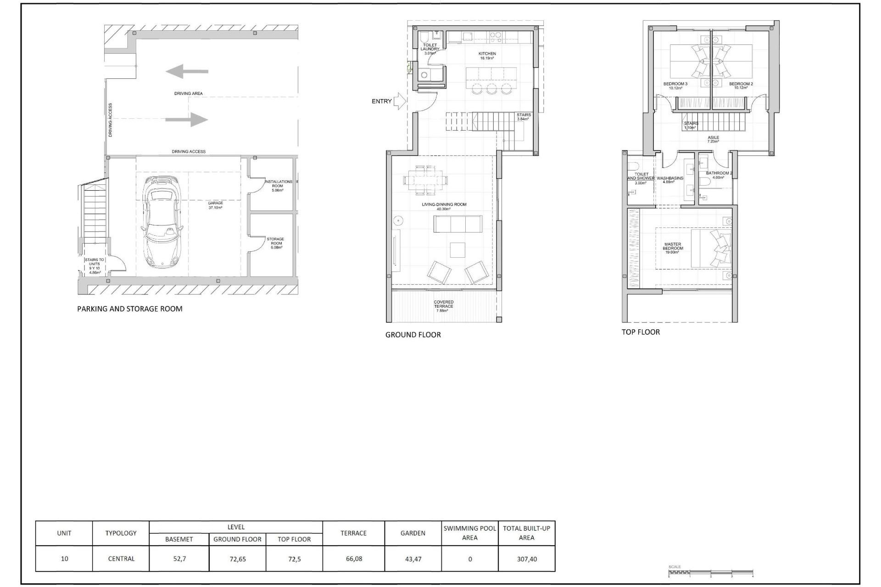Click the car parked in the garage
[x=162, y=222]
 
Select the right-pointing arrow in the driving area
[x=186, y=120]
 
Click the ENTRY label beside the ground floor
[x=381, y=101]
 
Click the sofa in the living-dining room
[x=458, y=224]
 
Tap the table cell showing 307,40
[x=526, y=559]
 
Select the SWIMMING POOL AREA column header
[x=469, y=533]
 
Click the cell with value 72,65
[x=237, y=559]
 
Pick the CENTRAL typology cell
[x=121, y=559]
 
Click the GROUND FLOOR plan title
[x=413, y=335]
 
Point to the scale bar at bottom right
[x=710, y=572]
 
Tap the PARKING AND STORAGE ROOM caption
[x=129, y=309]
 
